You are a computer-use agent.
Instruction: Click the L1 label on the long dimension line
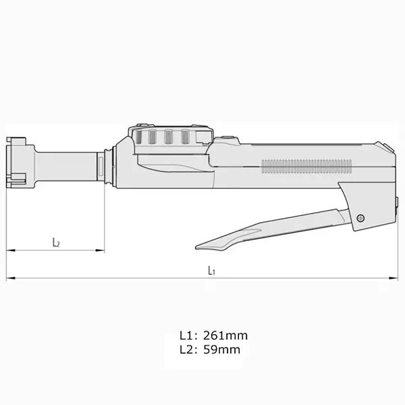[211, 271]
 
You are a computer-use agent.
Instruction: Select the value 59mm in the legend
[219, 350]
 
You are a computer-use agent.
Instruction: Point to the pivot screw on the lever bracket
[361, 217]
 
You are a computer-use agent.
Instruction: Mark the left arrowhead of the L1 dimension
[9, 277]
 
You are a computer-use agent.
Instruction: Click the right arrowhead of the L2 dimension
[102, 250]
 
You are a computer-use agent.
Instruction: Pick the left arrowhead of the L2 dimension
[9, 250]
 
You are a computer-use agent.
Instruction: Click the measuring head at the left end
[18, 162]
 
